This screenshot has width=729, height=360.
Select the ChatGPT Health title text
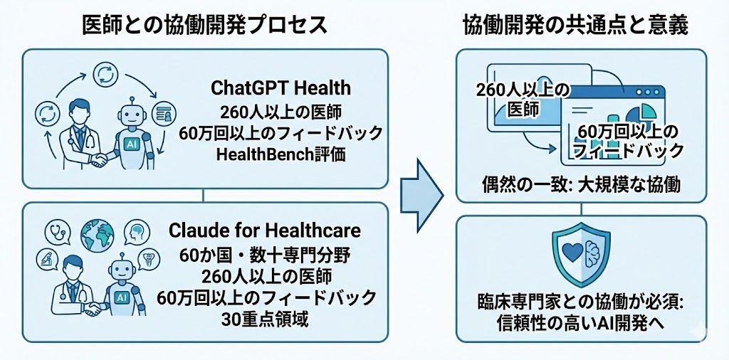(x=280, y=88)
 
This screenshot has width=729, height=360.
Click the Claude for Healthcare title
(x=265, y=231)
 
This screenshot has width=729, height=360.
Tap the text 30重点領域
(x=265, y=319)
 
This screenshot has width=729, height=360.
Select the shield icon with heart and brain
(x=581, y=253)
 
